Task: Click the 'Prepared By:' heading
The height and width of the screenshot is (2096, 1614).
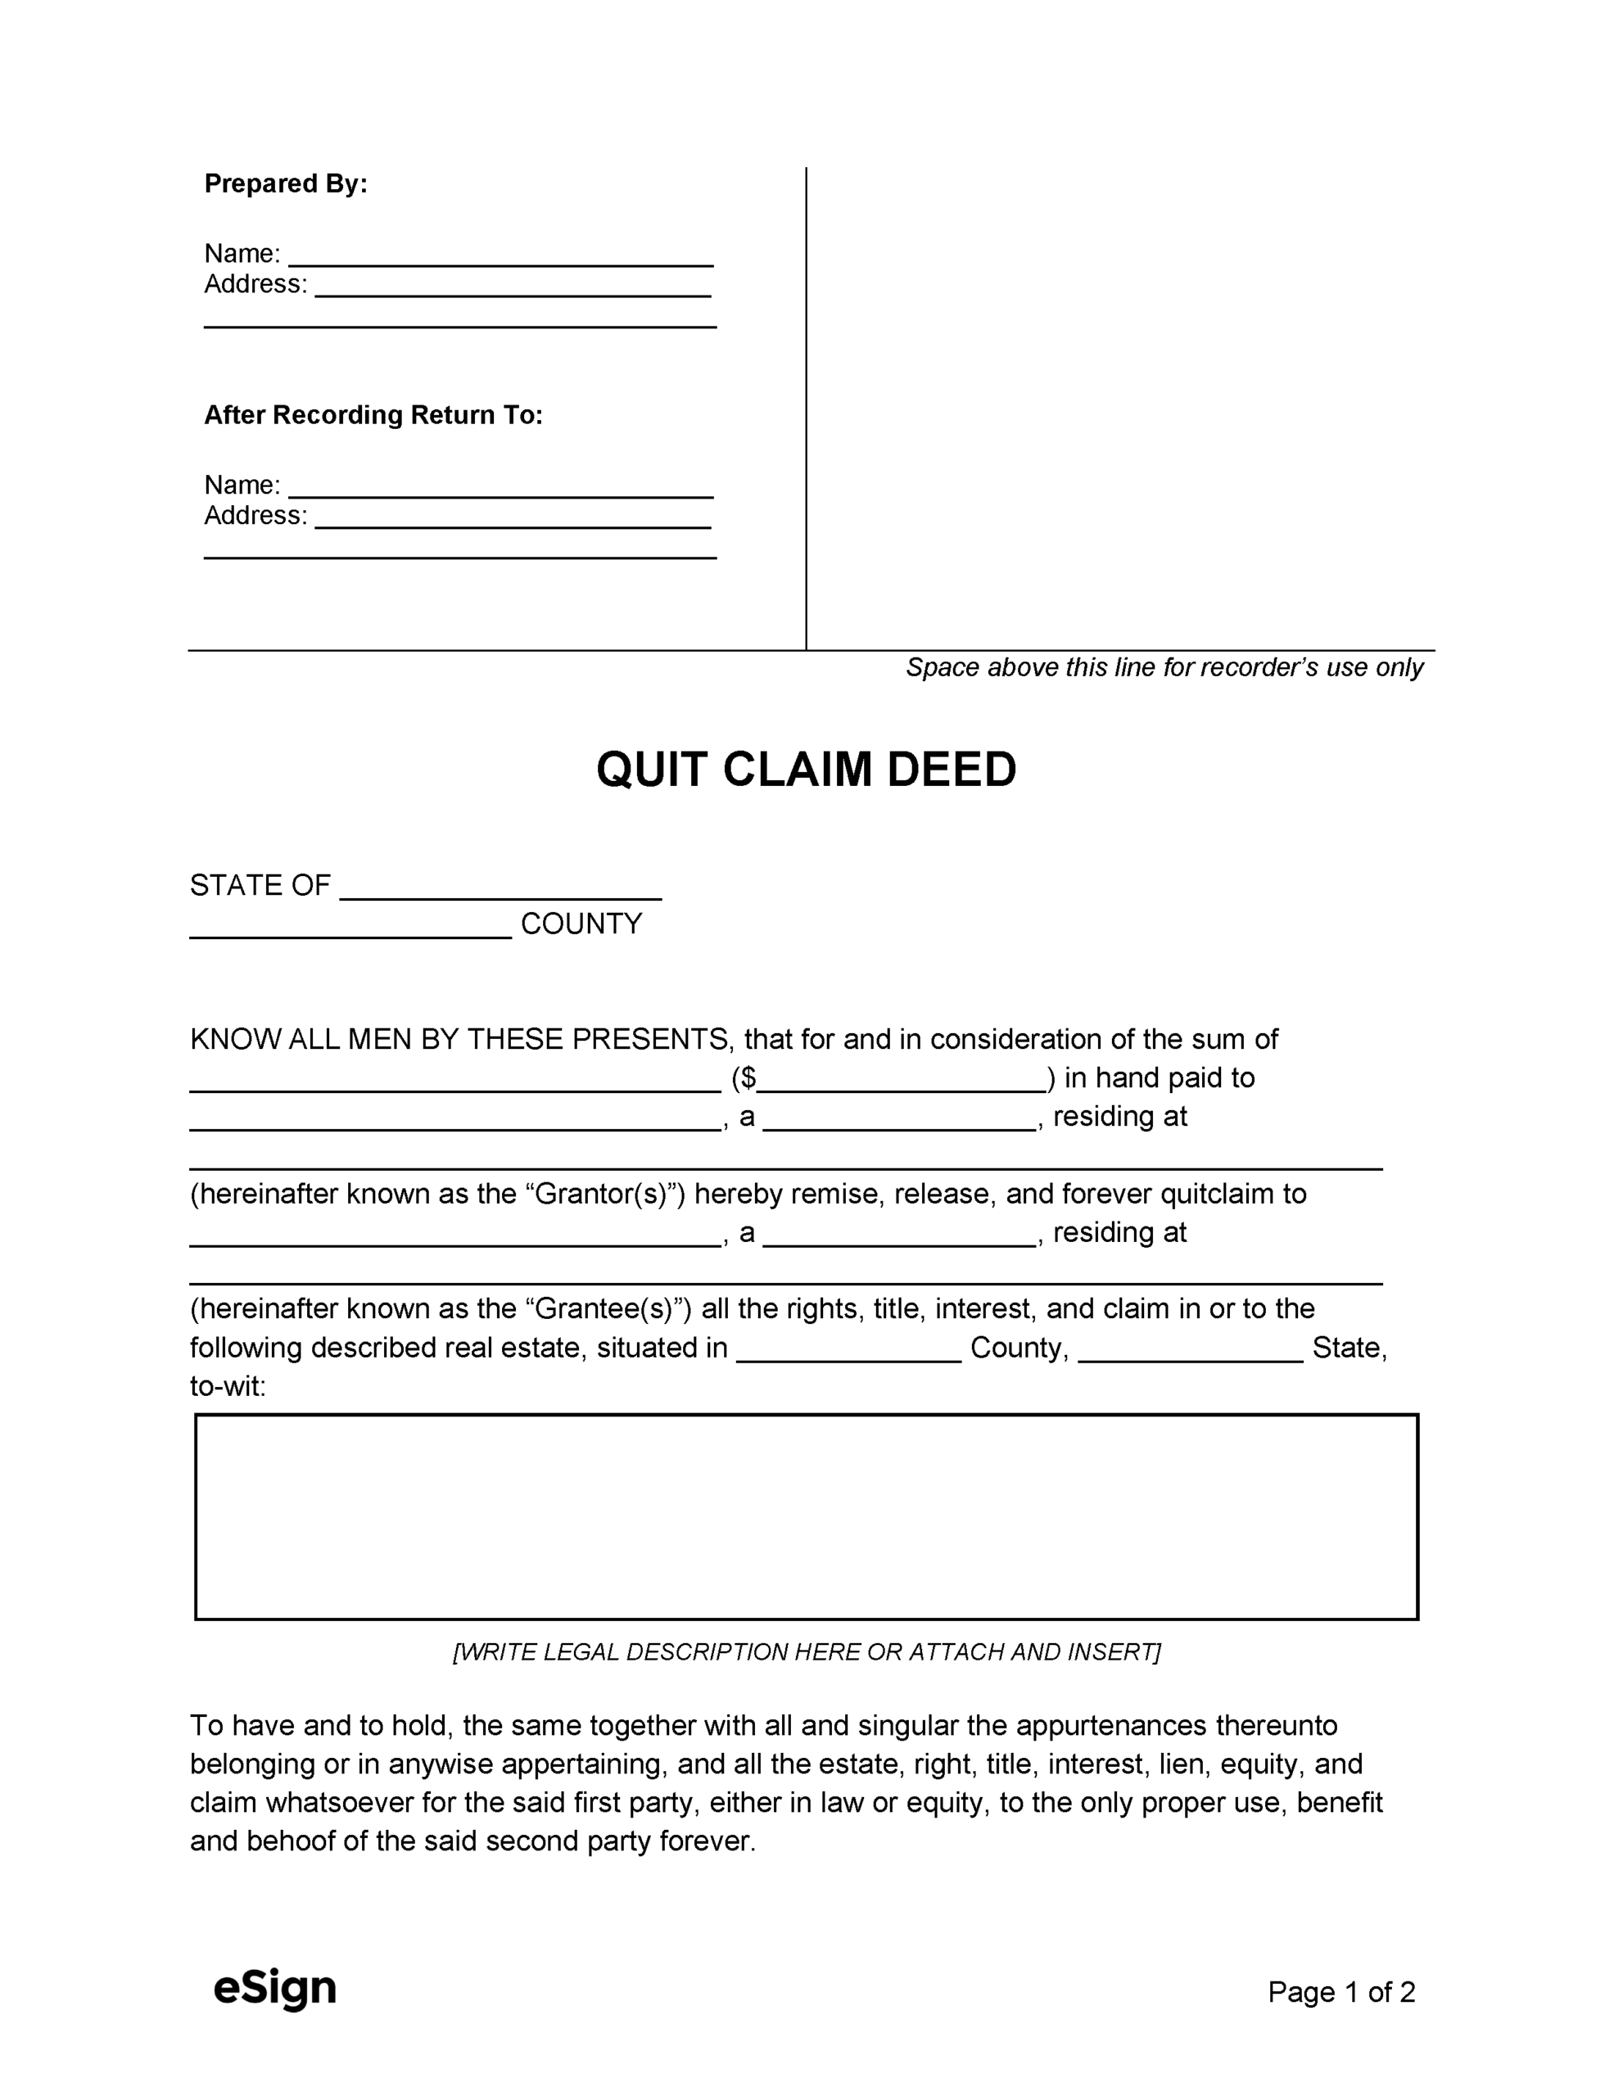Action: tap(285, 183)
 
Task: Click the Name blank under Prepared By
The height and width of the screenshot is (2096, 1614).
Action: tap(500, 256)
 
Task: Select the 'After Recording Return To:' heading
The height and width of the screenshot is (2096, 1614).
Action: tap(373, 414)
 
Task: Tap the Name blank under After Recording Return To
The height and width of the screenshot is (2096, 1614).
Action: tap(500, 487)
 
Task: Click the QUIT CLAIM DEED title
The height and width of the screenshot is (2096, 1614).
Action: tap(806, 769)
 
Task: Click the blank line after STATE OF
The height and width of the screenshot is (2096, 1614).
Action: tap(500, 888)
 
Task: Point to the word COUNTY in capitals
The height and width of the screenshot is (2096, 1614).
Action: tap(581, 924)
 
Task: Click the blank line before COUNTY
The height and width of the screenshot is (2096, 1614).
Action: tap(350, 927)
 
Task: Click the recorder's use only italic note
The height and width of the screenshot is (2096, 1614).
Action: tap(1164, 667)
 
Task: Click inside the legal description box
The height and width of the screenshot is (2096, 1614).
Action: tap(806, 1517)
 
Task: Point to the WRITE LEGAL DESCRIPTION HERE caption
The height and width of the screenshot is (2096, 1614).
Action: tap(806, 1651)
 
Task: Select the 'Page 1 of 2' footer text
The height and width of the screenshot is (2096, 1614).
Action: tap(1340, 1992)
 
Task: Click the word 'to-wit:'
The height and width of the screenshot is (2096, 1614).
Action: tap(228, 1386)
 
